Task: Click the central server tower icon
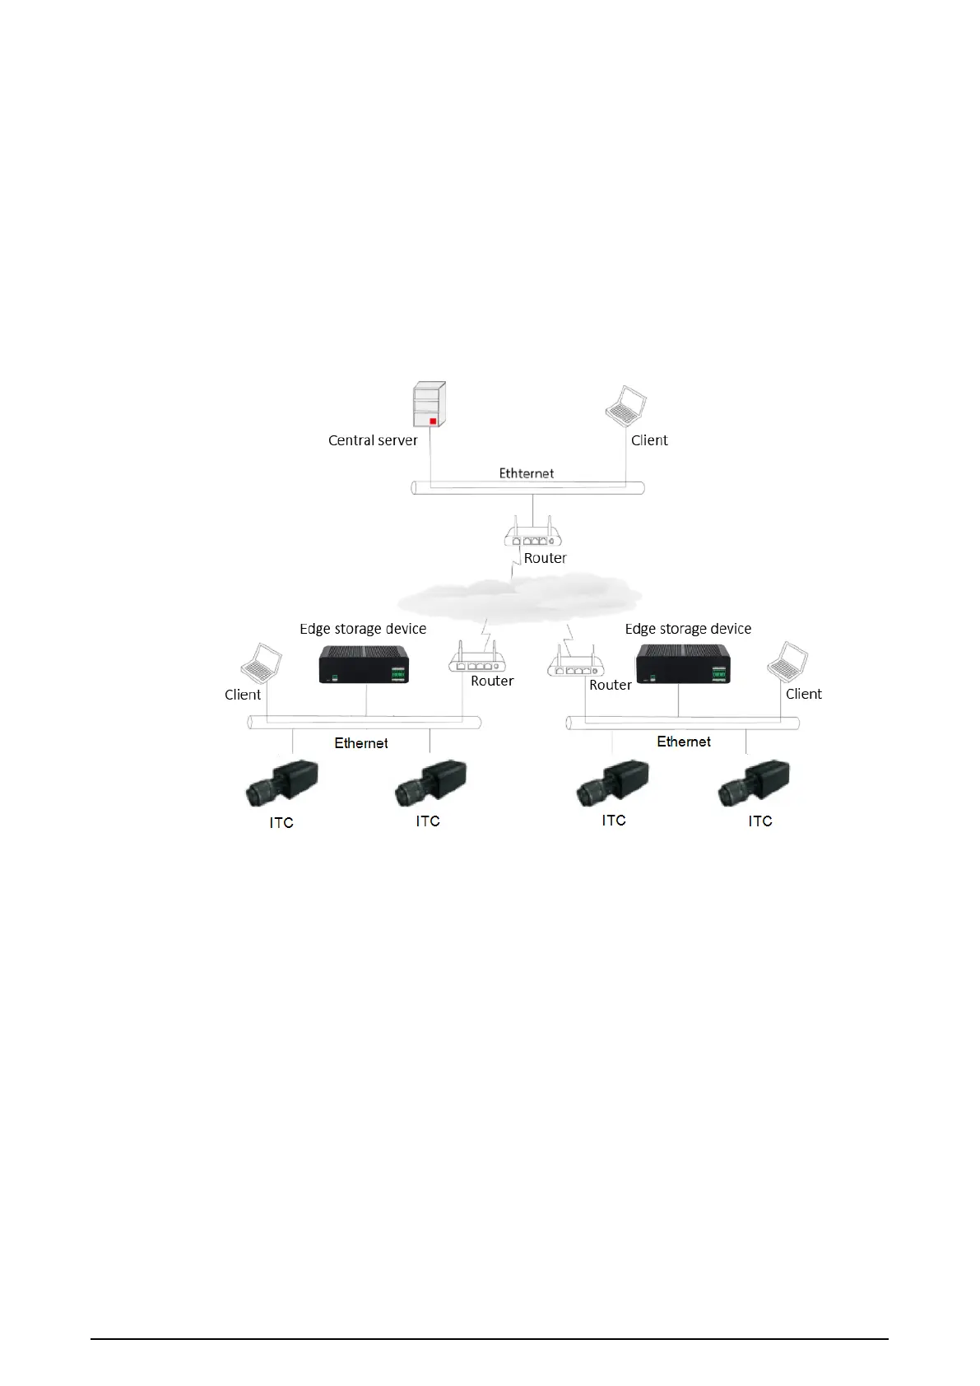pyautogui.click(x=429, y=404)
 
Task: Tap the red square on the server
pyautogui.click(x=432, y=421)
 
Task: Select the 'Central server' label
pyautogui.click(x=373, y=440)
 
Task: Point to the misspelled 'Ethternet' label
pyautogui.click(x=527, y=473)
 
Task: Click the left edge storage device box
pyautogui.click(x=364, y=664)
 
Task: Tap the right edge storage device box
pyautogui.click(x=683, y=663)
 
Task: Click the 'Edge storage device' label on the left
pyautogui.click(x=363, y=629)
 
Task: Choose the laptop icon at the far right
pyautogui.click(x=787, y=663)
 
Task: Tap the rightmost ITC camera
pyautogui.click(x=755, y=782)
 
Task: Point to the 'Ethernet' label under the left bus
pyautogui.click(x=361, y=743)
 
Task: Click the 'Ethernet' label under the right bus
pyautogui.click(x=684, y=742)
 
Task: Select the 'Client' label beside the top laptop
pyautogui.click(x=649, y=440)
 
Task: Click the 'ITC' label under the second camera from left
pyautogui.click(x=428, y=821)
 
